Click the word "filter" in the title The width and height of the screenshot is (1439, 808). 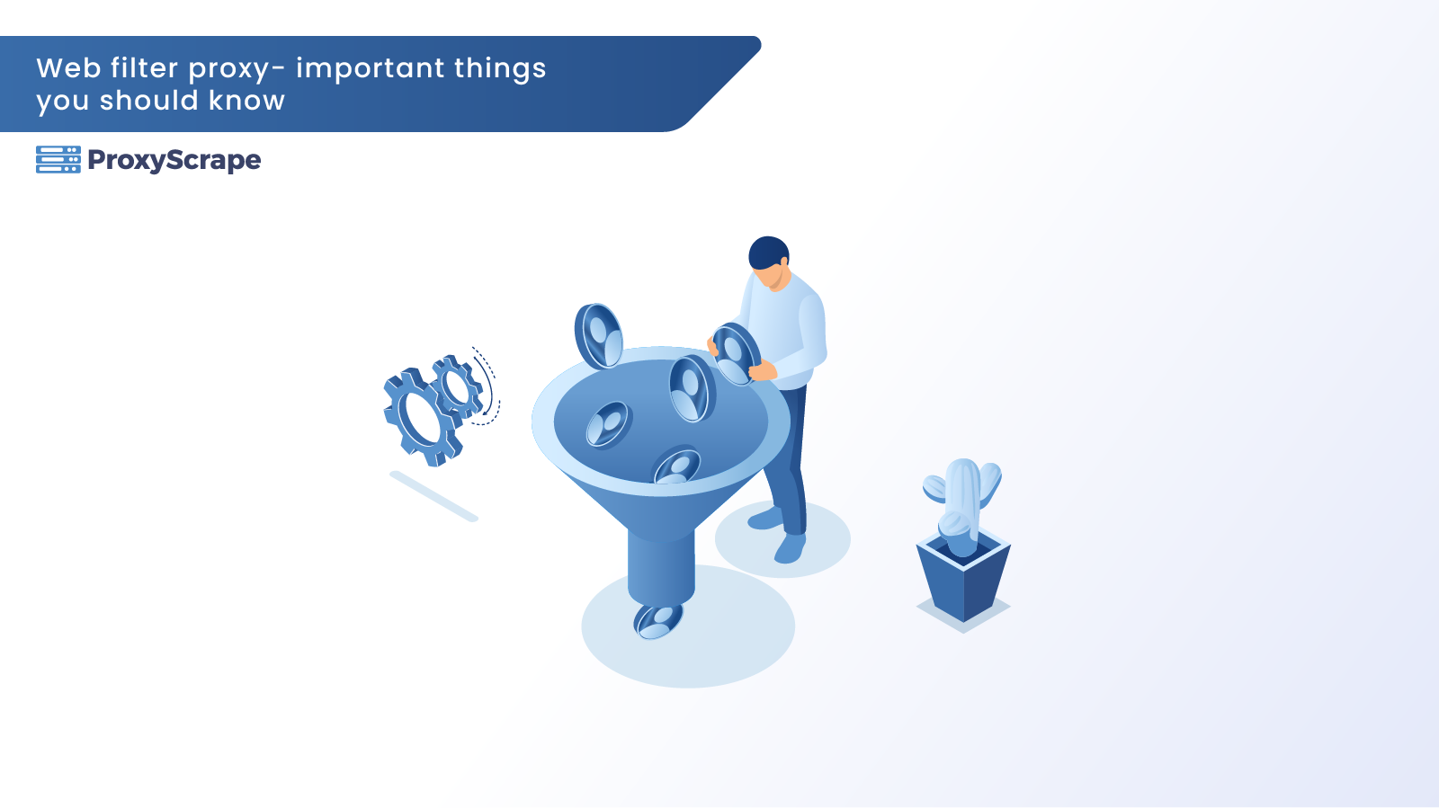tap(144, 67)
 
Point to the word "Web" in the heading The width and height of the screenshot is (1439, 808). tap(68, 68)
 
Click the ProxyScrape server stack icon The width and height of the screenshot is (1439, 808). tap(58, 160)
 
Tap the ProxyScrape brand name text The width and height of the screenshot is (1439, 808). tap(174, 160)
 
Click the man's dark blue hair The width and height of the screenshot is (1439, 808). tap(768, 252)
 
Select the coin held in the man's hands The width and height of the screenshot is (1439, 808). tap(736, 353)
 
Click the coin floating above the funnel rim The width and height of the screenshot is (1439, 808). tap(598, 336)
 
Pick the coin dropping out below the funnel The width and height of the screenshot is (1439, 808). tap(657, 620)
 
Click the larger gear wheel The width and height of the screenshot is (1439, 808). tap(422, 417)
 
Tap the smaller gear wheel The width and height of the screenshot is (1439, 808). tap(458, 387)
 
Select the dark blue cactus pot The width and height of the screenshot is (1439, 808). tap(963, 580)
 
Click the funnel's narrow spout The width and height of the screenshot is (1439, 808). tap(661, 568)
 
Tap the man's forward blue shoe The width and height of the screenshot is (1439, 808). tap(790, 548)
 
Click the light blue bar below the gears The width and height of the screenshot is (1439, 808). tap(433, 496)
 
